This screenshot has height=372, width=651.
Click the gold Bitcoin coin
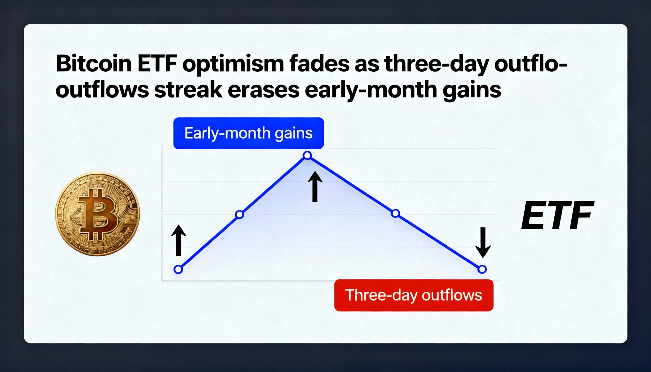click(98, 214)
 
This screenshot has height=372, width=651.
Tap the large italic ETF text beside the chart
click(557, 215)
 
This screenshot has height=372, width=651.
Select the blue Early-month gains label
click(249, 133)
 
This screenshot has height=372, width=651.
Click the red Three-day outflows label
click(414, 295)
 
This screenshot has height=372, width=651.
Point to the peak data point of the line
click(307, 155)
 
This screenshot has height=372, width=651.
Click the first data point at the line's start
click(178, 269)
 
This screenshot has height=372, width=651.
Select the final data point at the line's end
click(482, 269)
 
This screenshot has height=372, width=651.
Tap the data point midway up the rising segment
click(239, 214)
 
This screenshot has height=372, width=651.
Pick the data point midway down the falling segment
click(395, 213)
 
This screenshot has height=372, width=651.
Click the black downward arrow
click(483, 243)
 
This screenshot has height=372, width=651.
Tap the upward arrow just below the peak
click(315, 187)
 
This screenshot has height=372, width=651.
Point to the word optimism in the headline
click(233, 64)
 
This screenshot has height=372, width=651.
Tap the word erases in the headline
click(263, 91)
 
